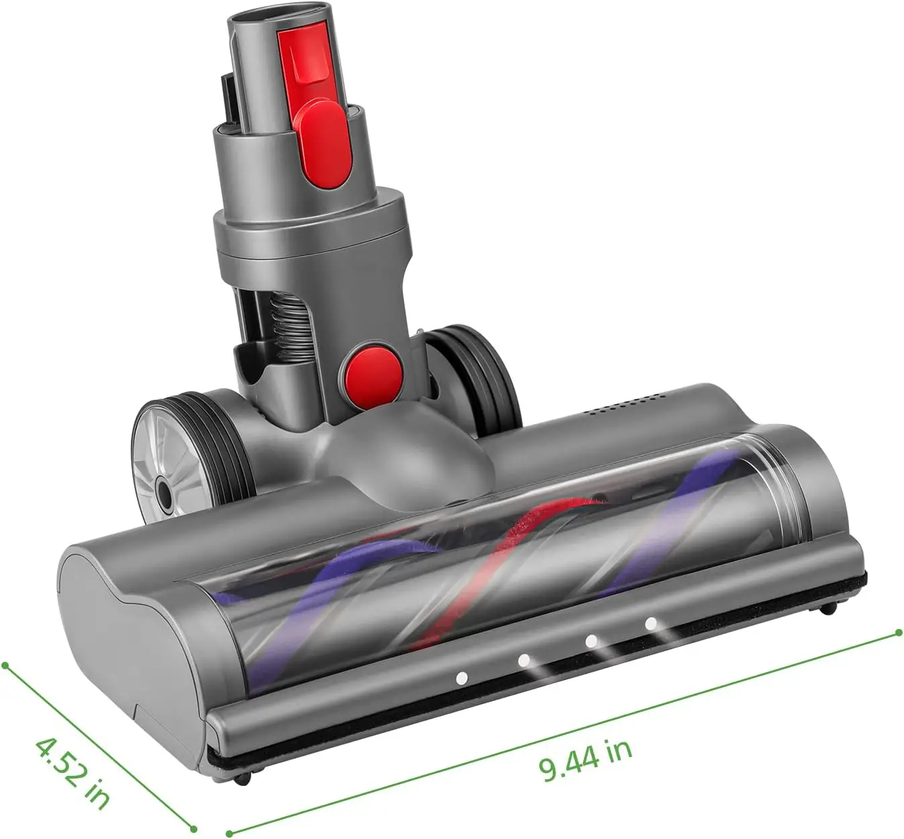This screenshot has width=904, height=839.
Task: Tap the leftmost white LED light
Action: point(461,678)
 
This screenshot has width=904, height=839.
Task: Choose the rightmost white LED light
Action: point(650,623)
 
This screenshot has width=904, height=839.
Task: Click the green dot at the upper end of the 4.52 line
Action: point(5,665)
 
